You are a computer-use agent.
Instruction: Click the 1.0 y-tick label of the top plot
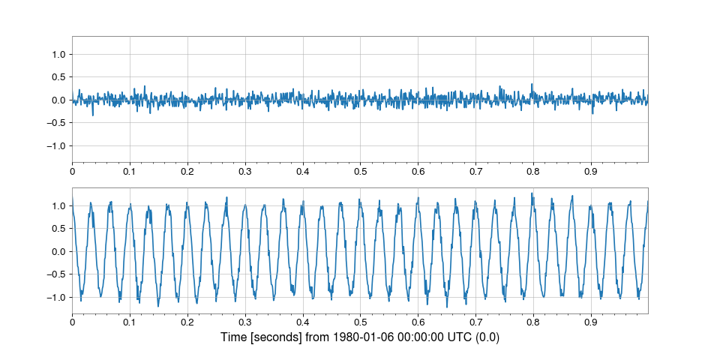(x=58, y=54)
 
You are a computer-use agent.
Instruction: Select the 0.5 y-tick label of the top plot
(x=58, y=77)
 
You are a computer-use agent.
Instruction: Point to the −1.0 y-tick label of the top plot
(x=56, y=145)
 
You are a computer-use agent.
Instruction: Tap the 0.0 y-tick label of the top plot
(x=58, y=100)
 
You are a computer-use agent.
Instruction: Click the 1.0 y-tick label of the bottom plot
(x=58, y=205)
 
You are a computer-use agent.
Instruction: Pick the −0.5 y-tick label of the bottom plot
(x=56, y=274)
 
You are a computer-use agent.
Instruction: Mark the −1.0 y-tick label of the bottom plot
(x=56, y=297)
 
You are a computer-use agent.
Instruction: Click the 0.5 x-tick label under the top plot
(x=360, y=172)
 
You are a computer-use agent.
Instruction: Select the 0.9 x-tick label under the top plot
(x=590, y=172)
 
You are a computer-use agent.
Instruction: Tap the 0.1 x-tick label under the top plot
(x=130, y=172)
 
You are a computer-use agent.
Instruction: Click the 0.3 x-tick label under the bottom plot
(x=245, y=322)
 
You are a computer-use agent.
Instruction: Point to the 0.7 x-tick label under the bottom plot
(x=475, y=322)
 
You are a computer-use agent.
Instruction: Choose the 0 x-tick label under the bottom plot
(x=72, y=322)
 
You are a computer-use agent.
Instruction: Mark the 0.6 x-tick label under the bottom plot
(x=418, y=322)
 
